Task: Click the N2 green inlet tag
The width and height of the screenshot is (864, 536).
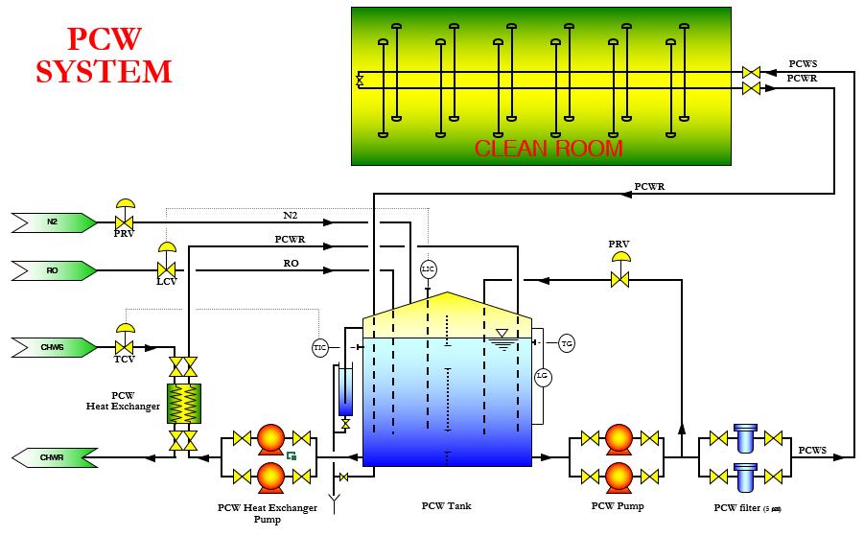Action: pos(54,222)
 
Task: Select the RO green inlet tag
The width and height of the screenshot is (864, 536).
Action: pos(54,271)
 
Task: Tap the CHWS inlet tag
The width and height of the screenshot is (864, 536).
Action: pos(54,345)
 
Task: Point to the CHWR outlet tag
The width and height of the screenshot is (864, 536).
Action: pos(54,457)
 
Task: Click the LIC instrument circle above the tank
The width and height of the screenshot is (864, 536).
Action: pos(428,269)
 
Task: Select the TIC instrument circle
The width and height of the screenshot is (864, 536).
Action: pos(320,347)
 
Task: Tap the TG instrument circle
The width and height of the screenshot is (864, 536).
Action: pos(567,343)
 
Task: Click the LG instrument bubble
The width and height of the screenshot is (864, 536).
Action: pos(542,376)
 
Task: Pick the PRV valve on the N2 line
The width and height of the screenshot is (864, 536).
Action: pos(124,221)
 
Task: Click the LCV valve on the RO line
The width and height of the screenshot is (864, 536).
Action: pos(166,269)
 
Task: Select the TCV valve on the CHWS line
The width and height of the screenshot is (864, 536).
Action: pos(124,346)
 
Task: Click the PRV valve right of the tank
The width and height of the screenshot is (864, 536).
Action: pos(620,279)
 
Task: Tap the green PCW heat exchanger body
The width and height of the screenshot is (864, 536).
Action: pos(183,404)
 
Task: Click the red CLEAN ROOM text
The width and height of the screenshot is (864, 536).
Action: pos(549,149)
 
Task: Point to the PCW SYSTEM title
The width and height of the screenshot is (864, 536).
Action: pos(104,56)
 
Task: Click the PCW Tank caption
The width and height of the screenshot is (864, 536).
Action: pos(447,505)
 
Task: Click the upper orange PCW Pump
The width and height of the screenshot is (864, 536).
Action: pos(619,440)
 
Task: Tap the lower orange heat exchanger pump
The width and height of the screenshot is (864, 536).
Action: pos(271,476)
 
